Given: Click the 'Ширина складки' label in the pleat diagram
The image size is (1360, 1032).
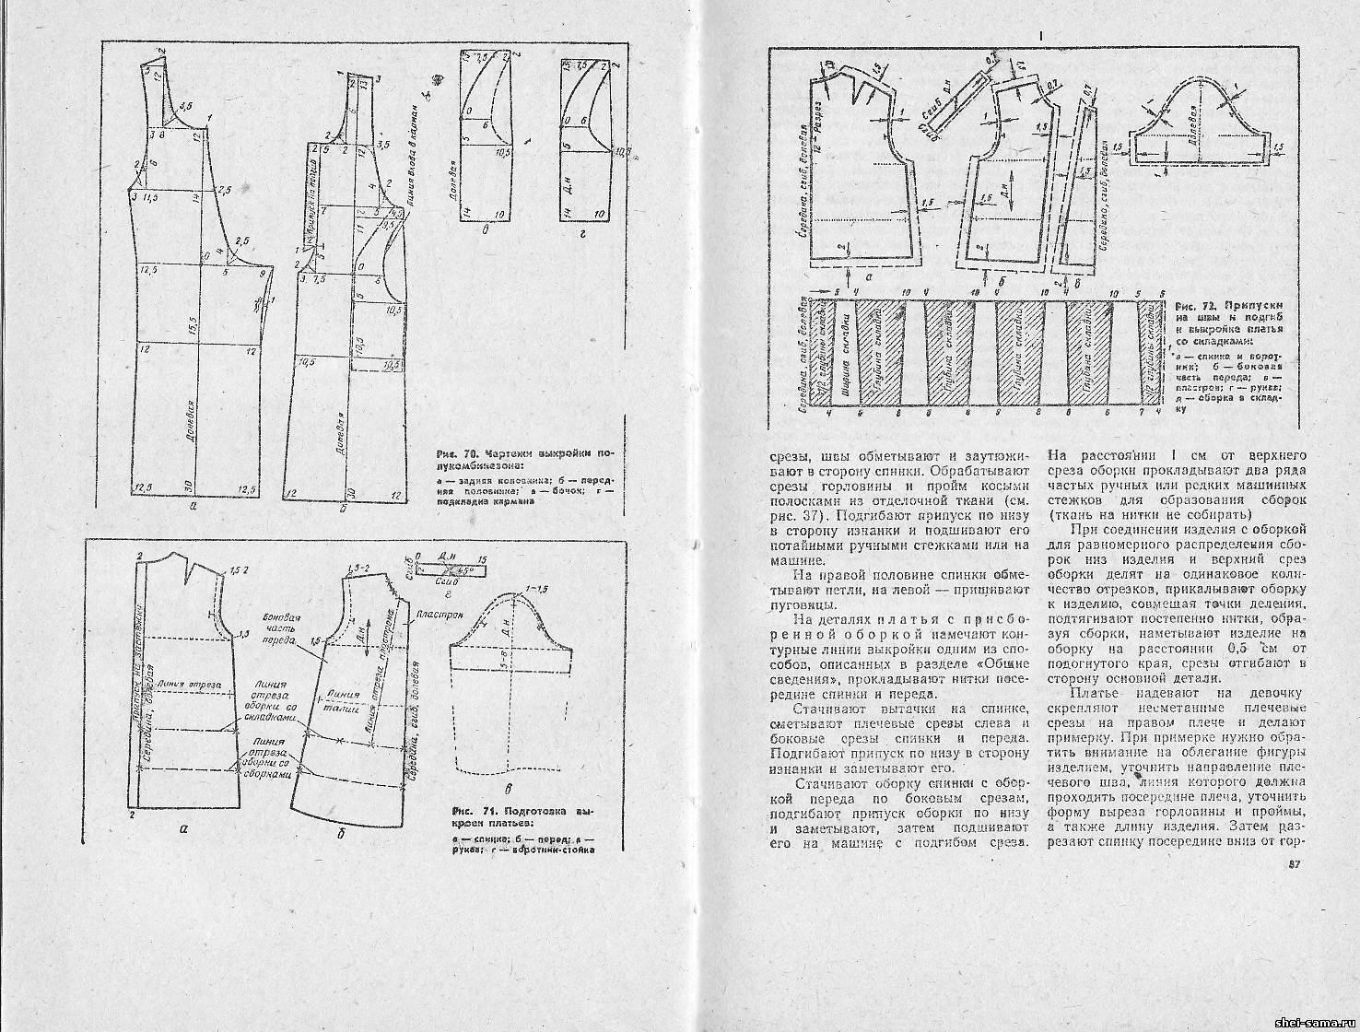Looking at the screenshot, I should [845, 356].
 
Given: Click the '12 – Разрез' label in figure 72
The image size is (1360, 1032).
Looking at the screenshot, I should [816, 137].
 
